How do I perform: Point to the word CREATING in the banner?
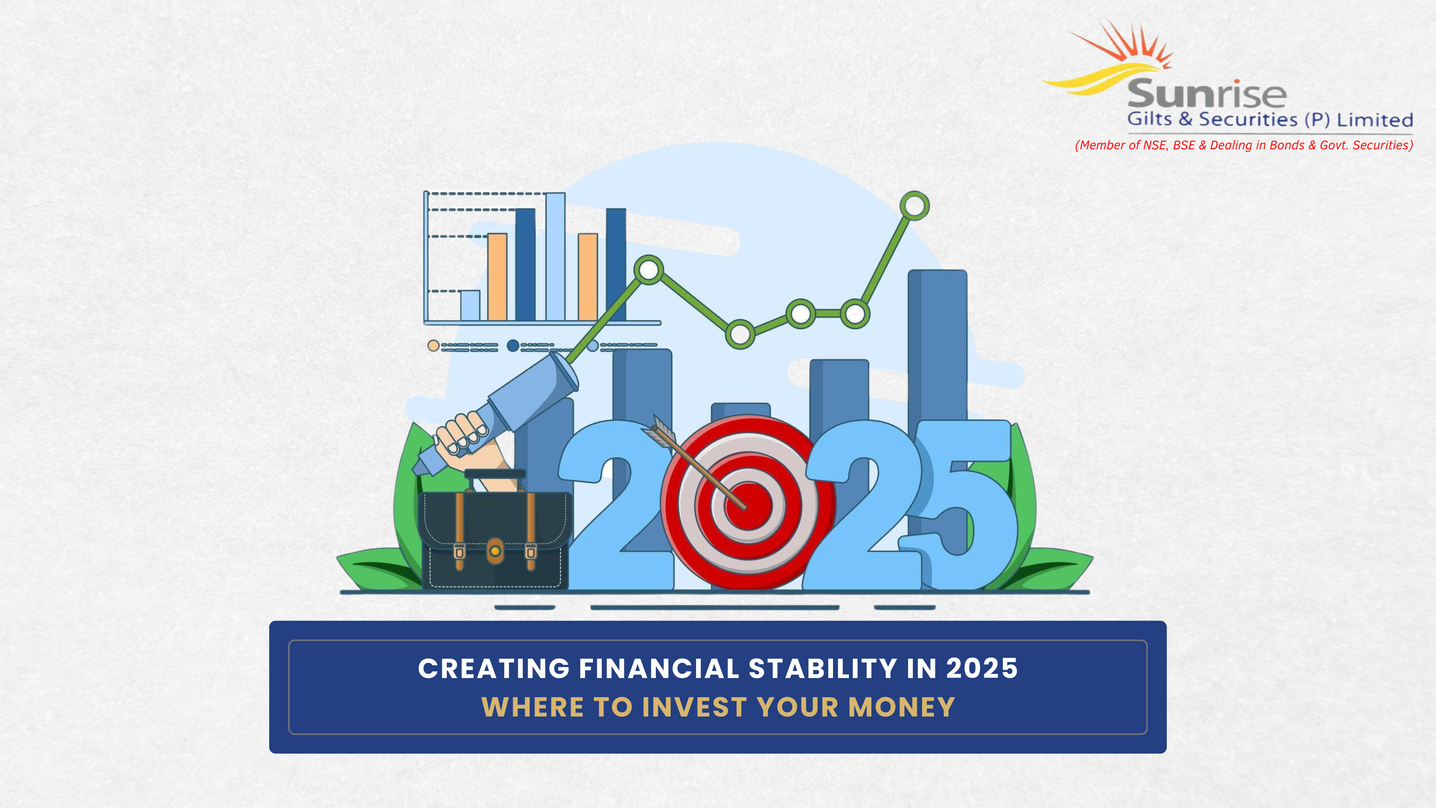point(494,669)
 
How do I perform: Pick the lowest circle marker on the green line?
point(740,334)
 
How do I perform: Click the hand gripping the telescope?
point(462,434)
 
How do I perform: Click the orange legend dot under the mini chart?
point(433,346)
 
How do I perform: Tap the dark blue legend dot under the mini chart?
point(513,346)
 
